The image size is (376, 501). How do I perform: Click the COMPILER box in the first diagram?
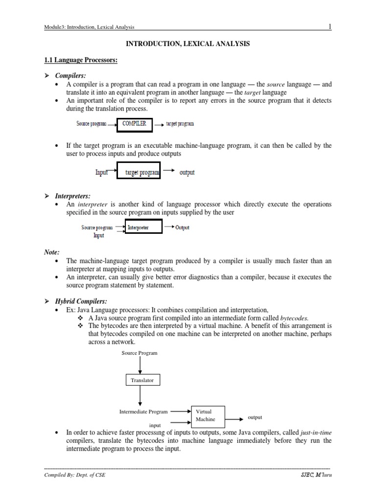click(134, 124)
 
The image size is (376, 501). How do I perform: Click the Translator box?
click(141, 380)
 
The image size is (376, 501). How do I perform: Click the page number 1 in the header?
click(330, 26)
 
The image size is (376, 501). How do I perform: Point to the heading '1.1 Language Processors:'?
click(81, 60)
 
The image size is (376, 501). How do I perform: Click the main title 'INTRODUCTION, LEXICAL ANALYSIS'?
click(188, 44)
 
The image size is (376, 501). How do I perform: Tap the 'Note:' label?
click(52, 252)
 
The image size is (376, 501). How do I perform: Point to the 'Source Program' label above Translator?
click(140, 353)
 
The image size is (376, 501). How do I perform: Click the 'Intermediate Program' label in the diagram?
click(143, 412)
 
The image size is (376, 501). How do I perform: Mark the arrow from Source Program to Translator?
click(141, 365)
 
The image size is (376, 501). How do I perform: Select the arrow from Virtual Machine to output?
click(234, 419)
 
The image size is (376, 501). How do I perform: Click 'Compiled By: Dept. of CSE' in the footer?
click(74, 475)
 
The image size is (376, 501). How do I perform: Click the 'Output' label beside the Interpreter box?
click(182, 228)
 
